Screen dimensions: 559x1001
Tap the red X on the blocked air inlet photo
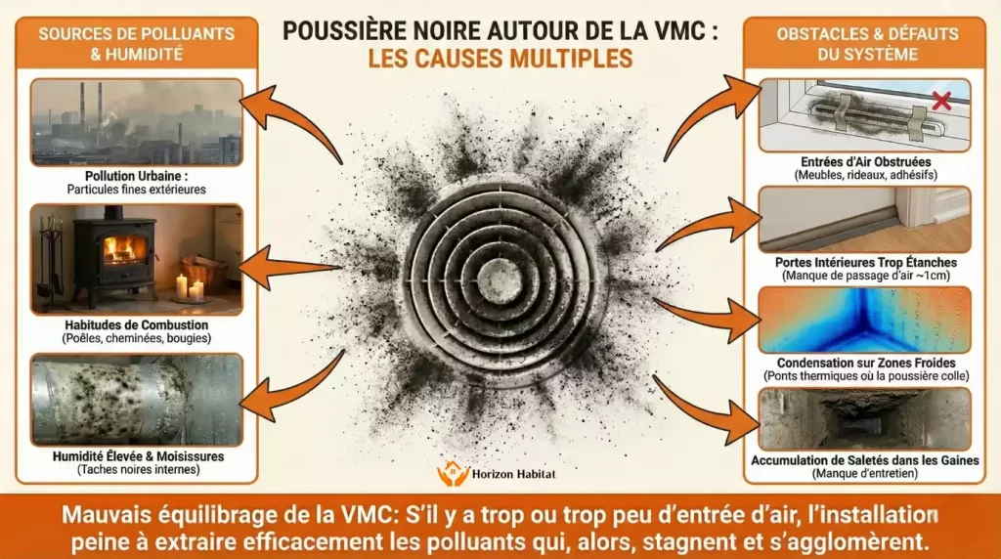[x=941, y=100]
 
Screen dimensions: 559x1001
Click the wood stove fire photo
[x=137, y=258]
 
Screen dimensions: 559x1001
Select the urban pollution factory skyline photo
[x=137, y=121]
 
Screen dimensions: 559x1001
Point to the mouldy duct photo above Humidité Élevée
[x=137, y=400]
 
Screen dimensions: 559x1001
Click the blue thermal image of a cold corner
[x=864, y=320]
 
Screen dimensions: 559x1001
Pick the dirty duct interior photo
[x=864, y=418]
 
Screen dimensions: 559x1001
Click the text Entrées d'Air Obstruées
[x=864, y=160]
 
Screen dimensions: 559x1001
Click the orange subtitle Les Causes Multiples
[x=500, y=59]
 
